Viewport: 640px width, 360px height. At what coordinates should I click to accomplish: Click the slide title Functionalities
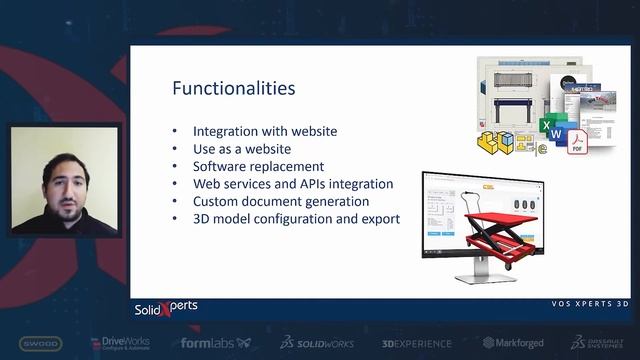(233, 88)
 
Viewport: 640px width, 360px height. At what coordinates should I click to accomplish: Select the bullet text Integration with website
(264, 131)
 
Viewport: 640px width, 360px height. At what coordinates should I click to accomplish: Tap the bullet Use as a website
(243, 149)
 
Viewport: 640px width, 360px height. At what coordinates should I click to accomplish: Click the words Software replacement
(258, 166)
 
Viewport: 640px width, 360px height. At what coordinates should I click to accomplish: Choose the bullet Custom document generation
(280, 201)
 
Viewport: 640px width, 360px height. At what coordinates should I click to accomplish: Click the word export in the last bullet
(380, 218)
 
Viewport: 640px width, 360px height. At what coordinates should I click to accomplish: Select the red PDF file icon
(577, 144)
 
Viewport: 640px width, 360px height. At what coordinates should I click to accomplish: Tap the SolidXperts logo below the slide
(166, 307)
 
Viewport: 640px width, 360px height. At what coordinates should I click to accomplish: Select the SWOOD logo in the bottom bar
(39, 343)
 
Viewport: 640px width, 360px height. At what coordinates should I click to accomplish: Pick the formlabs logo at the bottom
(214, 343)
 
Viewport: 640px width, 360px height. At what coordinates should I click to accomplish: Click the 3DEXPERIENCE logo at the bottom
(416, 343)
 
